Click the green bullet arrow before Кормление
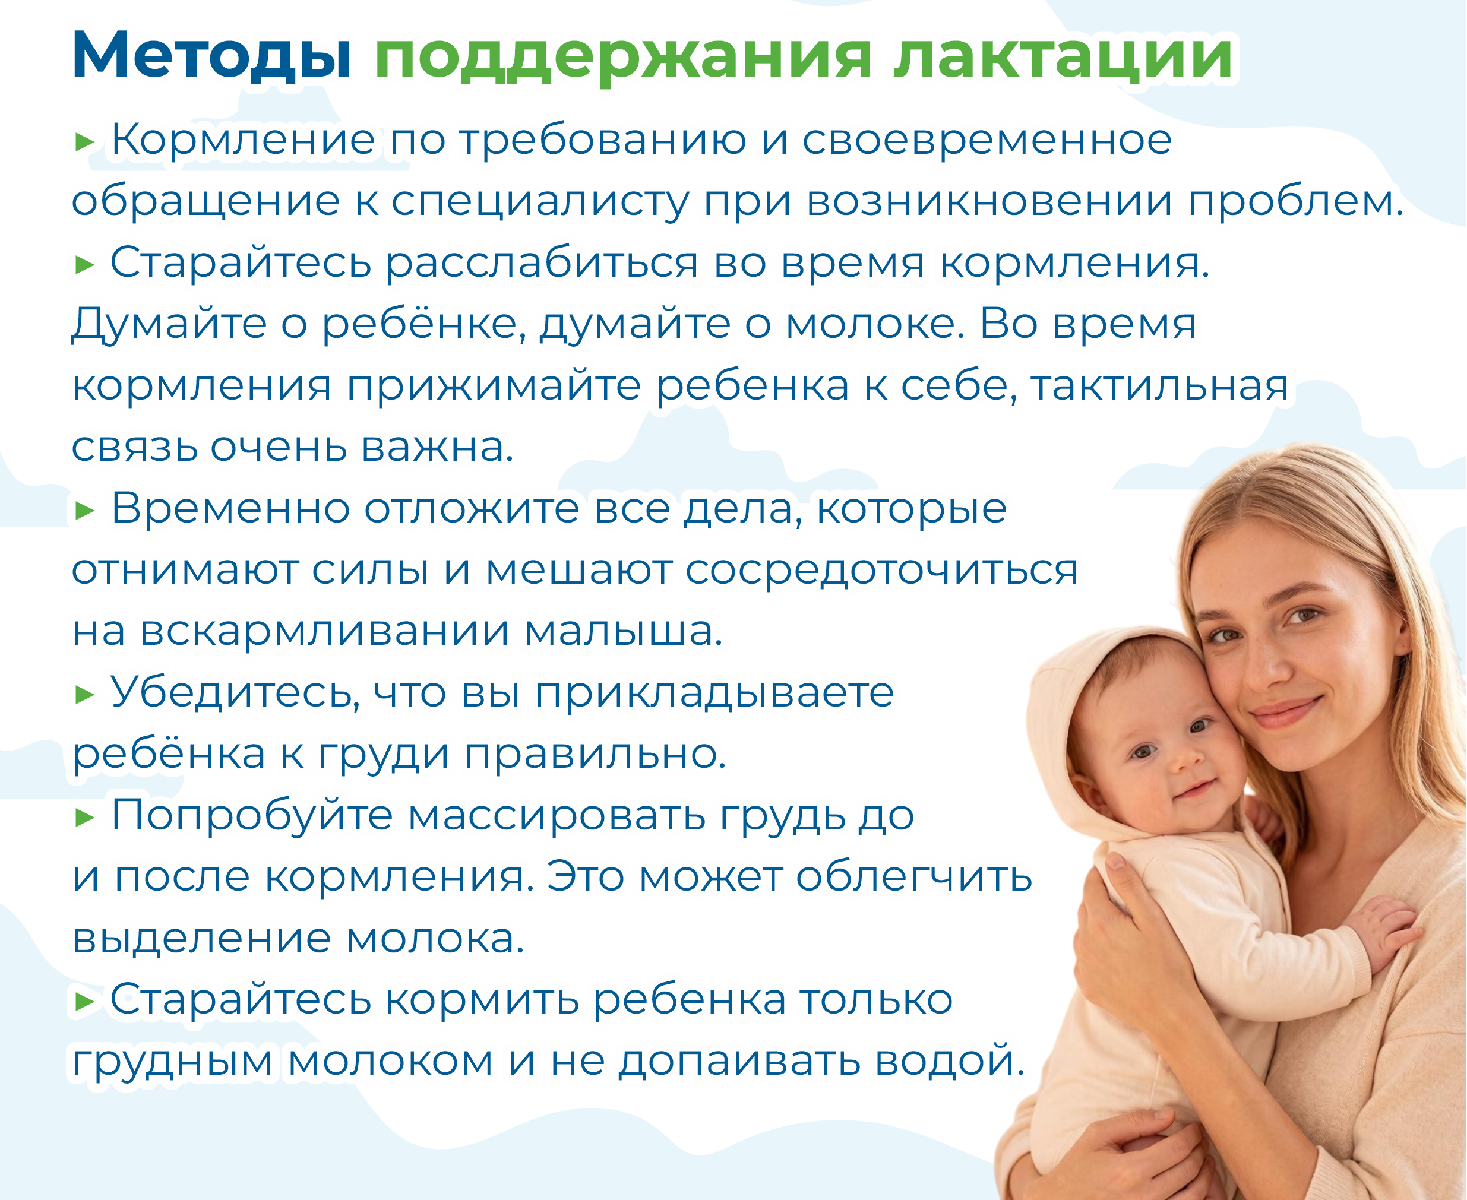click(x=84, y=143)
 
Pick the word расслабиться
click(x=542, y=264)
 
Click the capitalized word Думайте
click(x=169, y=325)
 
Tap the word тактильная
click(x=1159, y=386)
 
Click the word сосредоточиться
click(x=881, y=571)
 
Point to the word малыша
click(x=623, y=632)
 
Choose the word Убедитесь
click(x=235, y=694)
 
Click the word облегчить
click(x=914, y=877)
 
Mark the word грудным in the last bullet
click(x=173, y=1063)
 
